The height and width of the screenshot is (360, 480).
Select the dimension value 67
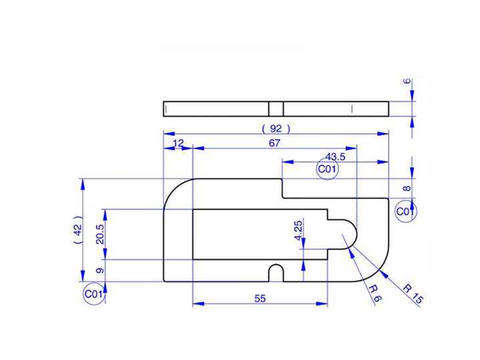click(275, 143)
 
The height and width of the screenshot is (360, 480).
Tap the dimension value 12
click(178, 143)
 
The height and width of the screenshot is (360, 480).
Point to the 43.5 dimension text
click(335, 157)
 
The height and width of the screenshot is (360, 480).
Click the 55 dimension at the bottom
click(260, 299)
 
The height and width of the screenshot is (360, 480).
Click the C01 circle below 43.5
click(327, 170)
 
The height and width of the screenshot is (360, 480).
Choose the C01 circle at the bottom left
click(94, 293)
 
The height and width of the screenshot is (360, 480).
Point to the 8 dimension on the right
click(407, 189)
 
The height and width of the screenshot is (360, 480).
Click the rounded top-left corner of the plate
click(175, 190)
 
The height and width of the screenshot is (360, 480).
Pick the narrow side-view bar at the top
click(276, 108)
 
